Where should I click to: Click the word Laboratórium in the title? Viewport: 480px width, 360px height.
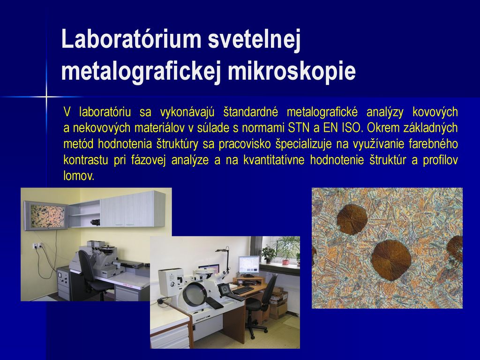pyautogui.click(x=131, y=39)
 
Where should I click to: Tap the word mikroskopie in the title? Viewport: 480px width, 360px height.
pyautogui.click(x=292, y=71)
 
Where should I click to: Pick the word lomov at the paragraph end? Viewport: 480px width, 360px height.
pyautogui.click(x=79, y=176)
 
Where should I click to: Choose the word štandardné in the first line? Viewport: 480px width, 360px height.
pyautogui.click(x=251, y=112)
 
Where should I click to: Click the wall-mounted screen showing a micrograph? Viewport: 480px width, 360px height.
pyautogui.click(x=46, y=215)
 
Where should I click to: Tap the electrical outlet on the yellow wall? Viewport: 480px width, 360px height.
pyautogui.click(x=37, y=245)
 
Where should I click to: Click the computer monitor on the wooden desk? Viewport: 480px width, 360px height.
pyautogui.click(x=248, y=266)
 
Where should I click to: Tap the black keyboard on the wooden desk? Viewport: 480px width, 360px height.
pyautogui.click(x=243, y=290)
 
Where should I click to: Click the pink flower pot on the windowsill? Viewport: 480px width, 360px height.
pyautogui.click(x=285, y=262)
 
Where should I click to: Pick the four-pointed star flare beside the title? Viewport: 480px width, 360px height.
pyautogui.click(x=46, y=97)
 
